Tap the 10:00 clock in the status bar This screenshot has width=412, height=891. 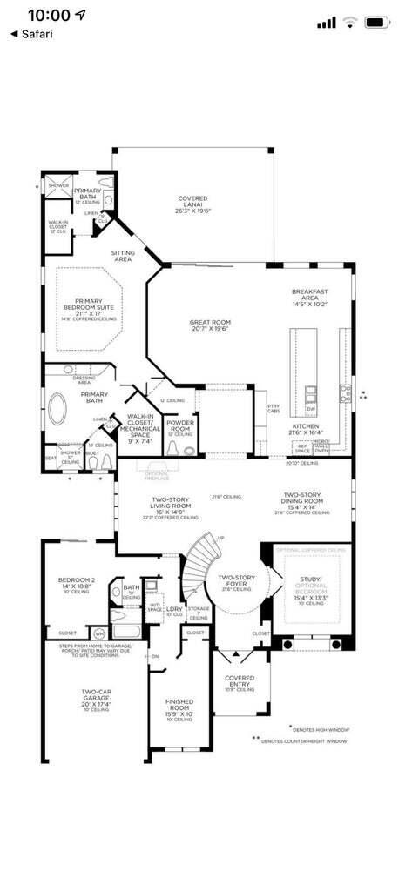pos(49,16)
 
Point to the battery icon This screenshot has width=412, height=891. pos(378,22)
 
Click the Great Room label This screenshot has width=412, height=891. pos(208,325)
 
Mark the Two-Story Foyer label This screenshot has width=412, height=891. pos(235,581)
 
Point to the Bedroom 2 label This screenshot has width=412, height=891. pos(77,585)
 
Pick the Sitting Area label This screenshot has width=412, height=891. pos(123,255)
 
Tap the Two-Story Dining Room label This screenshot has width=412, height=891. pos(303,503)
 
